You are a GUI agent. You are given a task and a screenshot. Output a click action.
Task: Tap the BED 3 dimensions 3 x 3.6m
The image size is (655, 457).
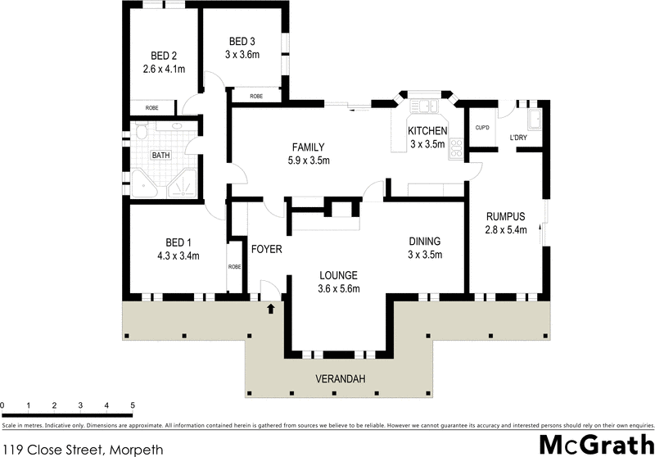243,55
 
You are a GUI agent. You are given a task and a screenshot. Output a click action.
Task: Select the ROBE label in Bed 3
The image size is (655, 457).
256,96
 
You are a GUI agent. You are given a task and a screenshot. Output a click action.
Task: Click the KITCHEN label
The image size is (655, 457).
428,130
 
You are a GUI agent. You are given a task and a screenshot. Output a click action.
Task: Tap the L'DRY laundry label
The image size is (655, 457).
518,137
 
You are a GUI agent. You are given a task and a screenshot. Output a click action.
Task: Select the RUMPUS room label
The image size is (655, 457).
504,216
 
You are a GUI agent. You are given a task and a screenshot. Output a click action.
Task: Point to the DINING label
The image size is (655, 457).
426,241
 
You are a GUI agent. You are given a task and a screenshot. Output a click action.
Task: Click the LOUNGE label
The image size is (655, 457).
339,274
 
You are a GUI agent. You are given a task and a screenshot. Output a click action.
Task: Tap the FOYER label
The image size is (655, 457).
266,248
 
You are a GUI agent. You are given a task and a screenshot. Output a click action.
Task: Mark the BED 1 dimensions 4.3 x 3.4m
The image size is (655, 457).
178,256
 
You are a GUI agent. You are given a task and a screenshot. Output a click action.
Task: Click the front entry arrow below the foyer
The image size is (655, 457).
270,310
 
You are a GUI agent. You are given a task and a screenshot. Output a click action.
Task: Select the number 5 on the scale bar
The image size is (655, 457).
132,406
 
